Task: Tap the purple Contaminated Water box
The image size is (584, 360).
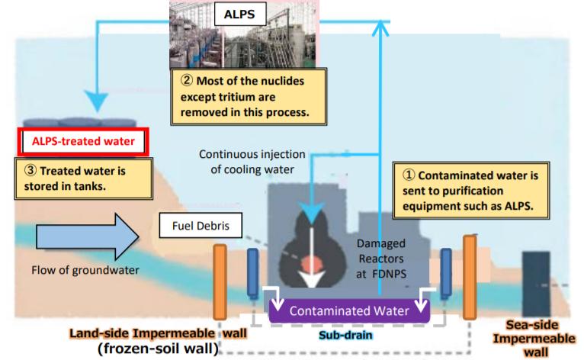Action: [349, 310]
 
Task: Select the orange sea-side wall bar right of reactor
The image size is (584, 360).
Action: [470, 275]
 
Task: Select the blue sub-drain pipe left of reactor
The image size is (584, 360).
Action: [253, 272]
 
